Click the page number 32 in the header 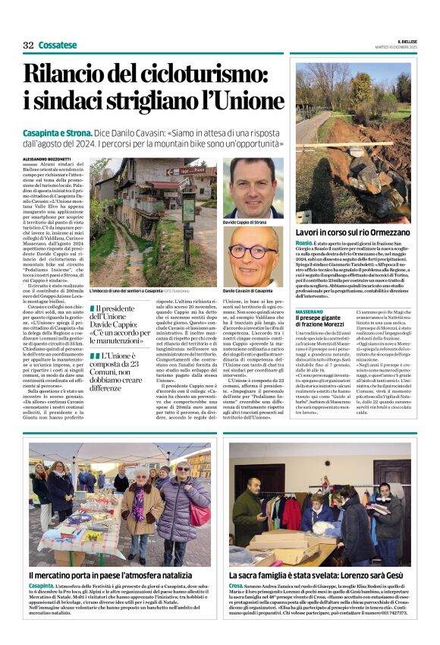point(28,45)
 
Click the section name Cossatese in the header point(58,45)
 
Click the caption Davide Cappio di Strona point(245,223)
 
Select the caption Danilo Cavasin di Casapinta point(247,291)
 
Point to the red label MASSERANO point(309,312)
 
